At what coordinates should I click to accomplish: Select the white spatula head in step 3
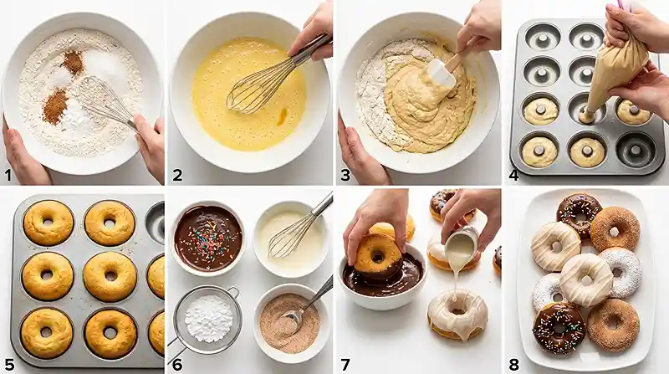(x=440, y=74)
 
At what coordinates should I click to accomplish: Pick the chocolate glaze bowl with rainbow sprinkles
(x=208, y=237)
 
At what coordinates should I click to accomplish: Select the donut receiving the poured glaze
(x=457, y=314)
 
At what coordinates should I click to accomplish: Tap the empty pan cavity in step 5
(x=156, y=222)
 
